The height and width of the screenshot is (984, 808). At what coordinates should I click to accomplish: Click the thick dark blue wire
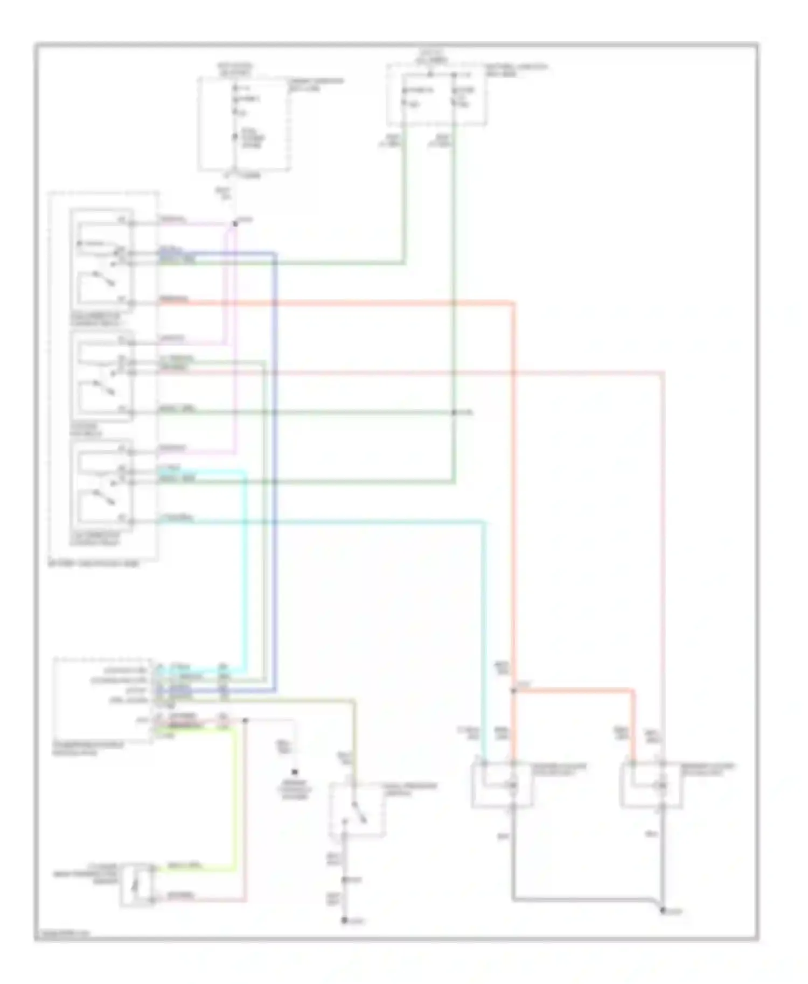click(275, 474)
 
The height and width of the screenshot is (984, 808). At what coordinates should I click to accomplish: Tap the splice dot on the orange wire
click(513, 691)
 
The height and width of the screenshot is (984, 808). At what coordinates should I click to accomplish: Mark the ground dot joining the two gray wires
click(663, 910)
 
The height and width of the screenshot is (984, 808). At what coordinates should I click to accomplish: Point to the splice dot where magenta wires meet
click(235, 223)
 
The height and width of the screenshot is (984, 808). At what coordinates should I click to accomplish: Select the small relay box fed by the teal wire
click(501, 785)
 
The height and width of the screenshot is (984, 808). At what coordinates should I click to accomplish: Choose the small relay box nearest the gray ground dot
click(651, 785)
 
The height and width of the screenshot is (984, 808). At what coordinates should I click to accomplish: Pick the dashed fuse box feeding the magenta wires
click(245, 124)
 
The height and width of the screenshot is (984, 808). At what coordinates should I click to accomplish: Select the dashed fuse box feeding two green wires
click(436, 95)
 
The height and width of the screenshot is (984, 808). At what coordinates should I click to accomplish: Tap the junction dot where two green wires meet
click(454, 412)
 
